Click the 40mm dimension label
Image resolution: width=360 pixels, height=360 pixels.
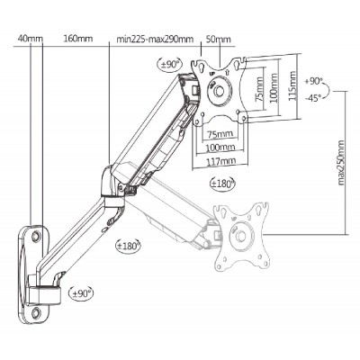(x=31, y=39)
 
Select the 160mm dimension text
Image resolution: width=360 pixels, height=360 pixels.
(x=78, y=39)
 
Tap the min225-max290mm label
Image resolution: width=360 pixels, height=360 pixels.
(x=155, y=39)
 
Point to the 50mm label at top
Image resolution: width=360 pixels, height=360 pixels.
(x=219, y=39)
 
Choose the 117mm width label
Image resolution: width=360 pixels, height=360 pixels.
(x=220, y=161)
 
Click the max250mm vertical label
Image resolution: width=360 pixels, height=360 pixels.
(x=340, y=163)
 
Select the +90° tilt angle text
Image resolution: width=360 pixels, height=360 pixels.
(x=313, y=81)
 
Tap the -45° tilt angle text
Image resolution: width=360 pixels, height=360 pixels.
(x=312, y=98)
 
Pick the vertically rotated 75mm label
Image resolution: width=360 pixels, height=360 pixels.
(x=259, y=89)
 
